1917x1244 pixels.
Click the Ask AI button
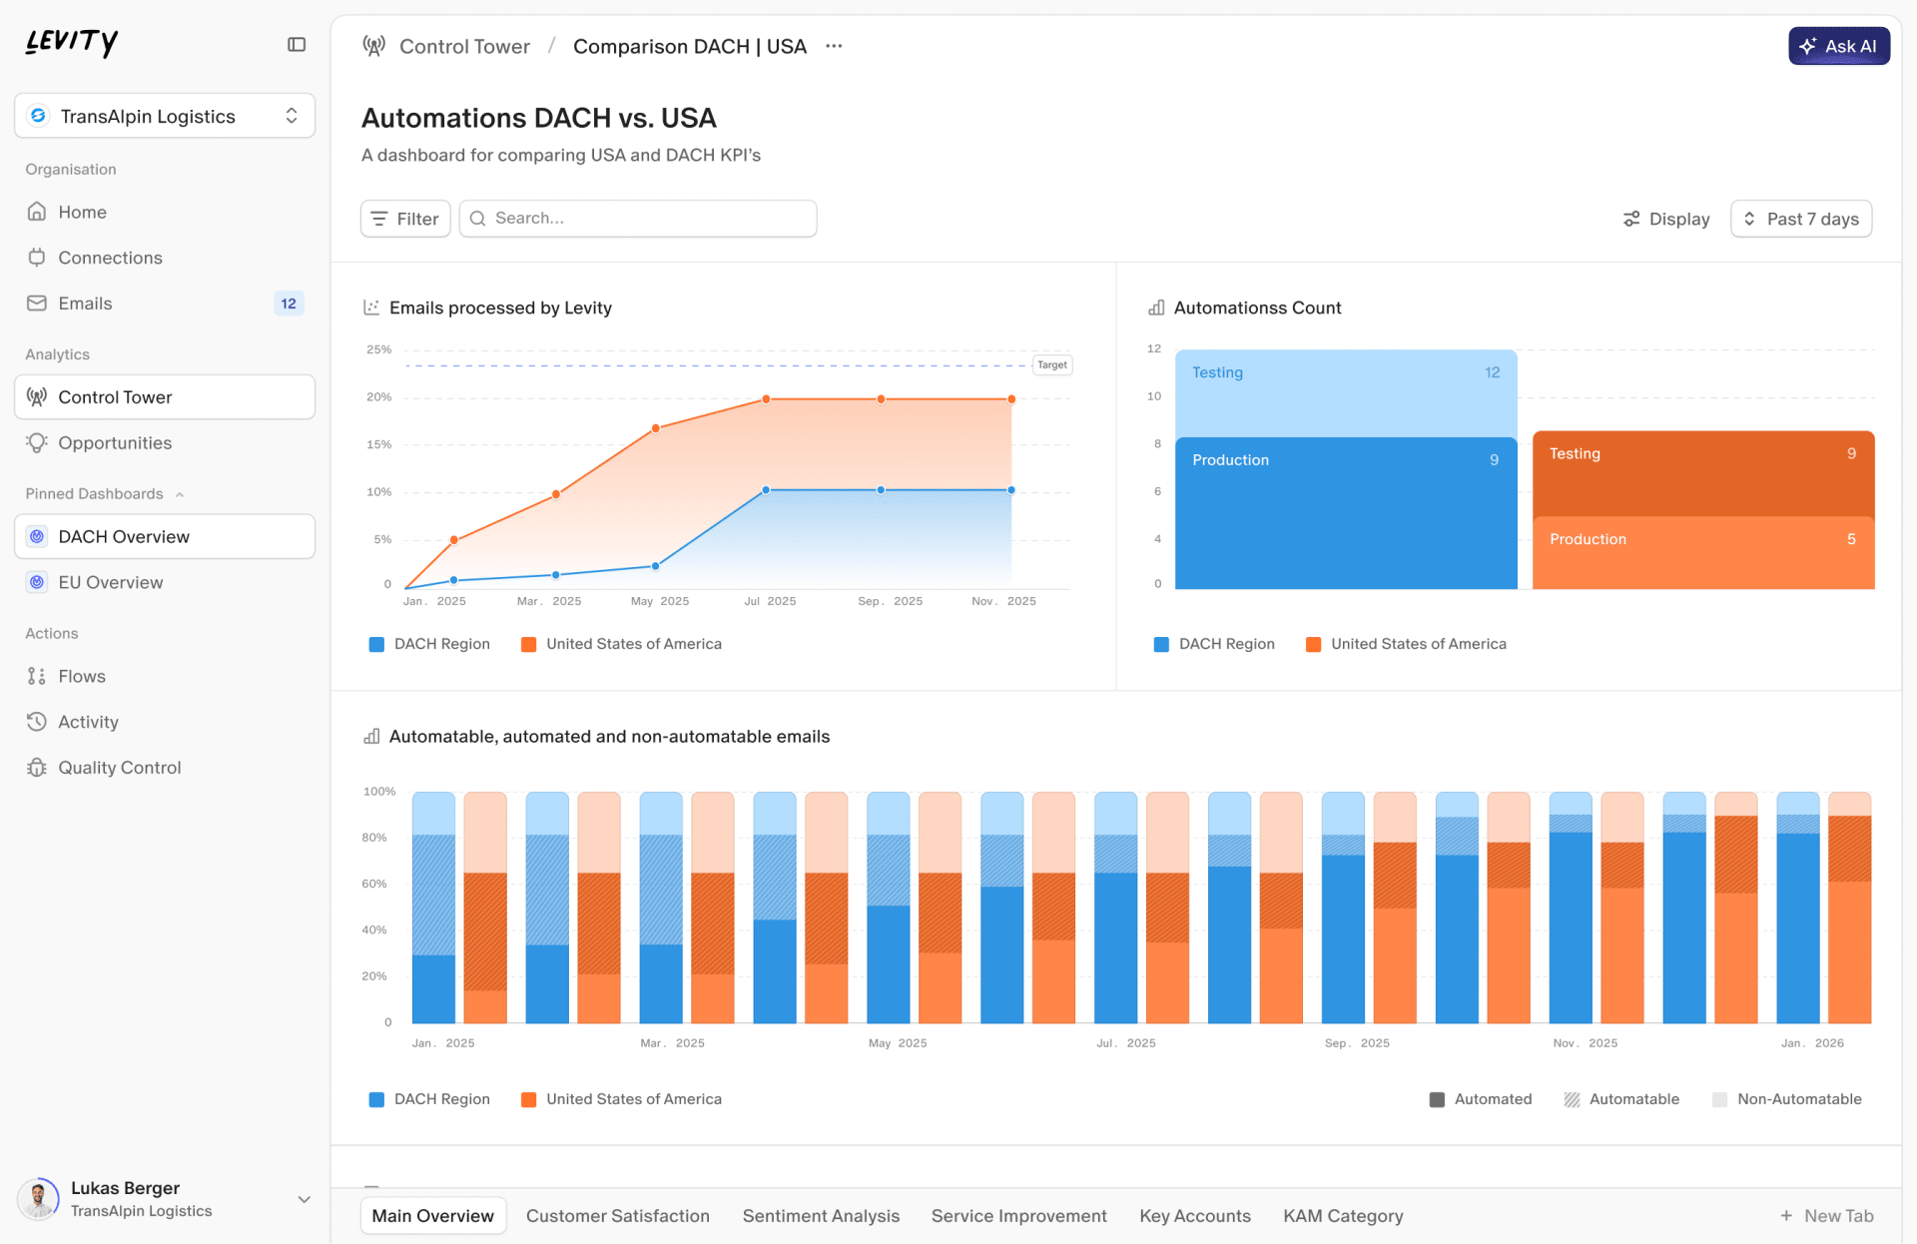pyautogui.click(x=1838, y=46)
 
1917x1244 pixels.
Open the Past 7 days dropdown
pyautogui.click(x=1800, y=219)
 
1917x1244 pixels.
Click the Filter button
pyautogui.click(x=405, y=219)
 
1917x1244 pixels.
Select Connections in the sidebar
pyautogui.click(x=110, y=258)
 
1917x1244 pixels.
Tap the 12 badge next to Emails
pyautogui.click(x=289, y=304)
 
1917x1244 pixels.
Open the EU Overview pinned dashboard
pyautogui.click(x=110, y=582)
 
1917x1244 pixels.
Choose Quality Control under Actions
pyautogui.click(x=119, y=768)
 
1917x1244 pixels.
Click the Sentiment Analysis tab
pyautogui.click(x=821, y=1216)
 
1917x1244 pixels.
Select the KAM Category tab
pyautogui.click(x=1343, y=1216)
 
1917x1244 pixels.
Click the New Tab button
pyautogui.click(x=1827, y=1216)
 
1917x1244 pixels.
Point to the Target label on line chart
pyautogui.click(x=1051, y=365)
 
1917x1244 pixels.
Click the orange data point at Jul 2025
pyautogui.click(x=766, y=399)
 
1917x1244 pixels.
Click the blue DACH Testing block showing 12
pyautogui.click(x=1345, y=391)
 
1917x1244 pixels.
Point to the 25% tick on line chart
pyautogui.click(x=378, y=350)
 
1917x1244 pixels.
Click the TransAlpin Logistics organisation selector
pyautogui.click(x=165, y=116)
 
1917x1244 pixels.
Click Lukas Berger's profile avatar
pyautogui.click(x=39, y=1199)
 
